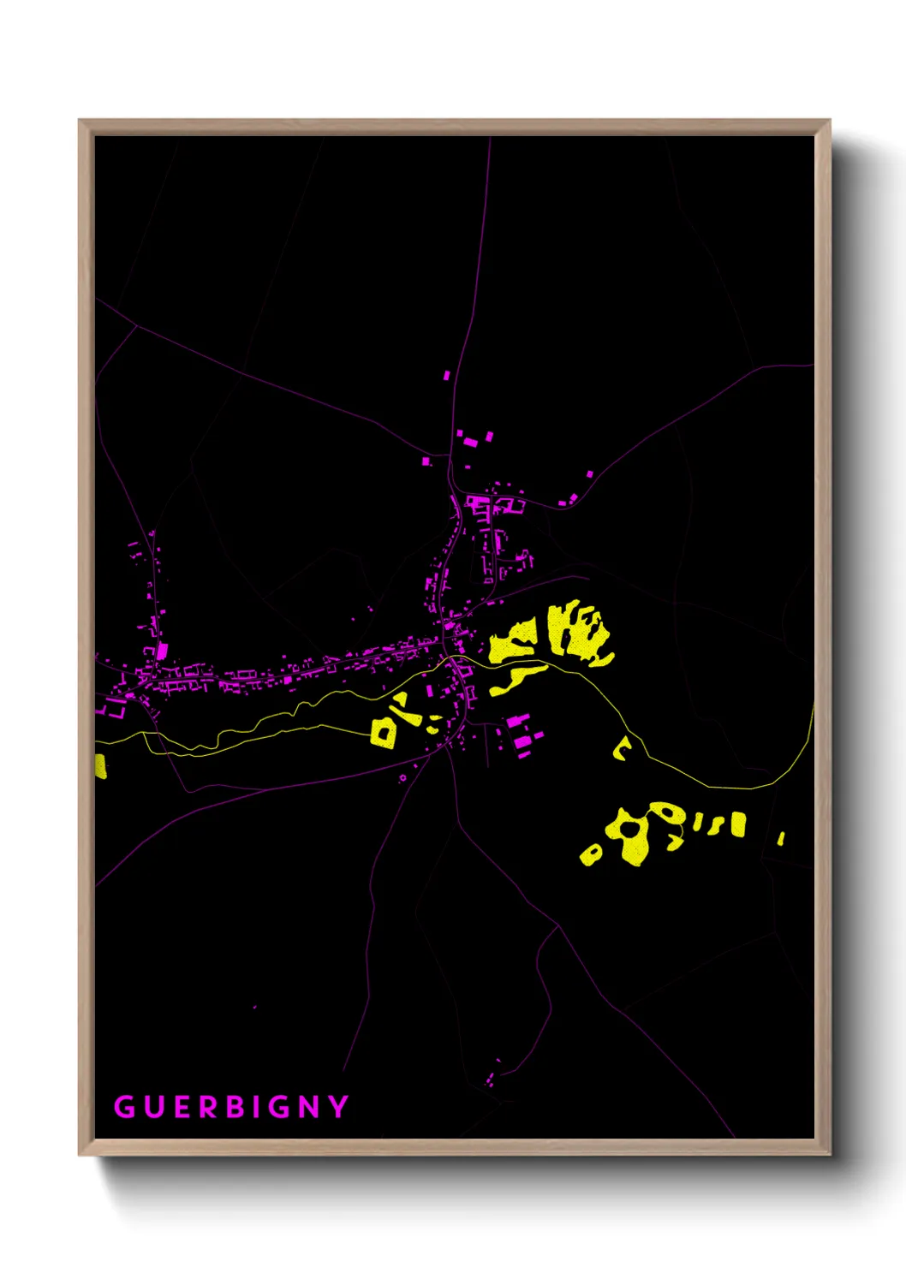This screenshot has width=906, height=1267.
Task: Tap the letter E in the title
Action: point(181,1107)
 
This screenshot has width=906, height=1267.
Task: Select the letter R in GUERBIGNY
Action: point(208,1107)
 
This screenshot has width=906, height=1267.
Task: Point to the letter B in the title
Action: point(235,1107)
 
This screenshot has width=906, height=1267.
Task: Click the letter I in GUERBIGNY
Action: point(257,1107)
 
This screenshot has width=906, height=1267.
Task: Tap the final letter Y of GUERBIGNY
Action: point(339,1107)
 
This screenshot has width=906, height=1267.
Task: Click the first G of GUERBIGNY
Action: point(124,1107)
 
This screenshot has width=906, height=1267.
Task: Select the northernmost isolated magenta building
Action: point(446,375)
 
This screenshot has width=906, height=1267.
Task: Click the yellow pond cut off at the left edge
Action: point(100,765)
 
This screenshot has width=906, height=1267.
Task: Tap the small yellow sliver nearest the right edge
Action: point(781,838)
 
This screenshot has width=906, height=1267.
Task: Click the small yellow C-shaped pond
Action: point(621,749)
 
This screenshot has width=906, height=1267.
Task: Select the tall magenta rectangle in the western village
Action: point(162,651)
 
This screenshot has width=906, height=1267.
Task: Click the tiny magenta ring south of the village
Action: point(402,778)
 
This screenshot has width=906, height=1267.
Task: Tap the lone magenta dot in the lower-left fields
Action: point(254,1007)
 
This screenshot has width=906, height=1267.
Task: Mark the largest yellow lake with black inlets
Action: point(579,632)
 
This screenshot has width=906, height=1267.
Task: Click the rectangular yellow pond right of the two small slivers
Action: point(737,825)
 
